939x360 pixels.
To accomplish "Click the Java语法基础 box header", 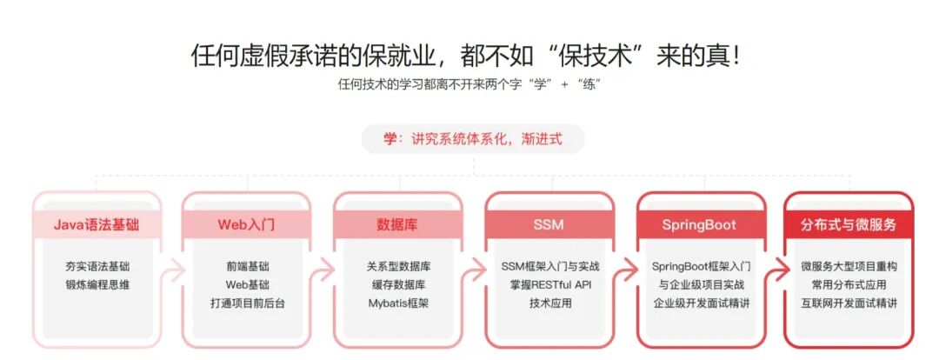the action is click(x=96, y=224).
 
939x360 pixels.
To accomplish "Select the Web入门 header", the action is click(x=246, y=224).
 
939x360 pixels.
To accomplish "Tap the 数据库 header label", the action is click(x=397, y=224).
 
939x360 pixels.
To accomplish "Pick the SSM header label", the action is click(x=548, y=224).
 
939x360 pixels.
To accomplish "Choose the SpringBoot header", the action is click(x=699, y=224).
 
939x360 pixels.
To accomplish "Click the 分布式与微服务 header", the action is click(x=849, y=224).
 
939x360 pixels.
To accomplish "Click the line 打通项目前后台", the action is click(x=247, y=303).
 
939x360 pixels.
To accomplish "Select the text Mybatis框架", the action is click(x=398, y=303).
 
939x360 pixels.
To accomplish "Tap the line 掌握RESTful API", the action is click(x=549, y=284).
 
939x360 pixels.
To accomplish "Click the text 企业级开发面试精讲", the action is click(x=701, y=303).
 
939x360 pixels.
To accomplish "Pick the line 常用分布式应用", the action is click(x=849, y=284).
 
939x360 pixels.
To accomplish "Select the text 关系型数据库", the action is click(x=398, y=265).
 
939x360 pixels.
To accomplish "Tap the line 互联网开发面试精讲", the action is click(x=849, y=303).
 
